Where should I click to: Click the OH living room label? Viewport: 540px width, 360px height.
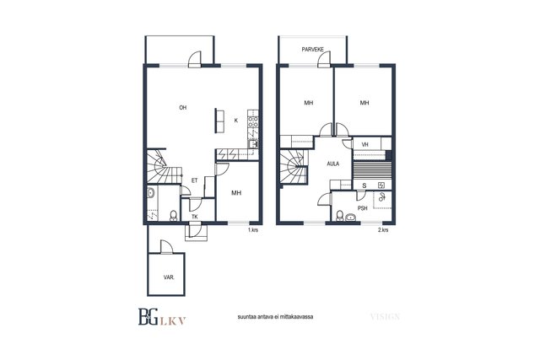(x=183, y=108)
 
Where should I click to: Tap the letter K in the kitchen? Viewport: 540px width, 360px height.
(x=236, y=121)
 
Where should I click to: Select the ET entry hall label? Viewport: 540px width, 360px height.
(x=195, y=180)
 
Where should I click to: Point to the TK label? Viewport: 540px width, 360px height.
(x=195, y=217)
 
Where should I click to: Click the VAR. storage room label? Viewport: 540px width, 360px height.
(x=169, y=277)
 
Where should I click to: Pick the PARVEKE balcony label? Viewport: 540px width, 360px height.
(x=313, y=50)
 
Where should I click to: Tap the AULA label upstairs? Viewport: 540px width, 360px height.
(x=333, y=164)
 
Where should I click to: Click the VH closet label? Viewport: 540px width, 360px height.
(x=365, y=144)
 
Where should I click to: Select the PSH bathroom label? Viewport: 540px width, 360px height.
(x=363, y=208)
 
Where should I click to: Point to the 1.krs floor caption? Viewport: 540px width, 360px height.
(x=253, y=230)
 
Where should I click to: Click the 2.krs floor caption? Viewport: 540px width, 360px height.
(x=383, y=230)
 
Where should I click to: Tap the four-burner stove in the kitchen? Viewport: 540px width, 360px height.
(x=253, y=122)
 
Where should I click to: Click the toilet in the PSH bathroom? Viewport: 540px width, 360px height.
(x=340, y=216)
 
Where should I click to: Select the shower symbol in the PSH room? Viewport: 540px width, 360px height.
(x=382, y=197)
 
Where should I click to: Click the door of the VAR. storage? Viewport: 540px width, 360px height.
(x=166, y=247)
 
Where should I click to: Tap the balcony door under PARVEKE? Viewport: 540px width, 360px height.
(x=324, y=59)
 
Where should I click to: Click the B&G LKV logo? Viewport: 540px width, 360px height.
(x=162, y=317)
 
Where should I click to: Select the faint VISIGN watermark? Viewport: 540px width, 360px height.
(x=385, y=317)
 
